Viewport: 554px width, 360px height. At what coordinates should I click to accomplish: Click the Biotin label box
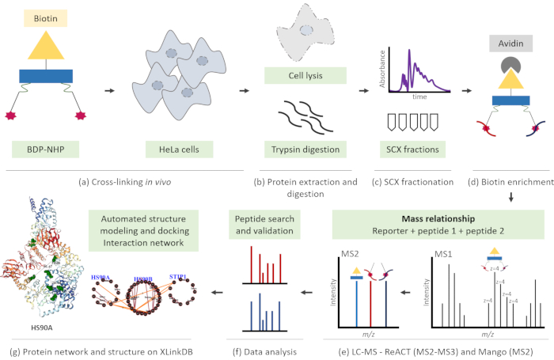(46, 15)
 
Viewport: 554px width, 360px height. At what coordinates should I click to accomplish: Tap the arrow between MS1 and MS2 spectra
(404, 290)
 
